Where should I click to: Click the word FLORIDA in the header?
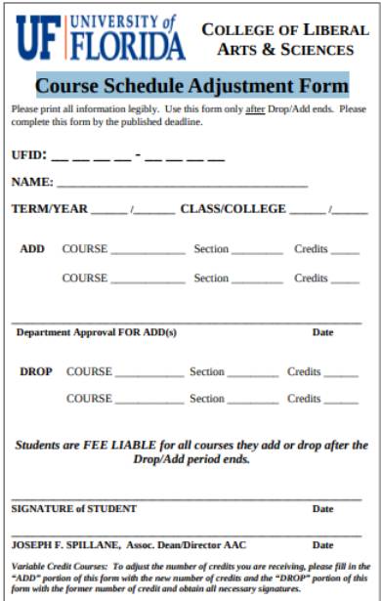(128, 46)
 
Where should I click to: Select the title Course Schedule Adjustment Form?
(190, 86)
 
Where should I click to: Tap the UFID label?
(27, 155)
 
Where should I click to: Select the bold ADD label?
(32, 249)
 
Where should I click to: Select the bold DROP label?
(36, 372)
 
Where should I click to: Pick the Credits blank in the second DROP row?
(340, 402)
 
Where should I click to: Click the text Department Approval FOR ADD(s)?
(97, 332)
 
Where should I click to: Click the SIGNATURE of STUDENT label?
(74, 508)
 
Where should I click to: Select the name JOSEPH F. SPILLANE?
(65, 544)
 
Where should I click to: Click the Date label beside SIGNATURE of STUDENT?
(322, 508)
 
